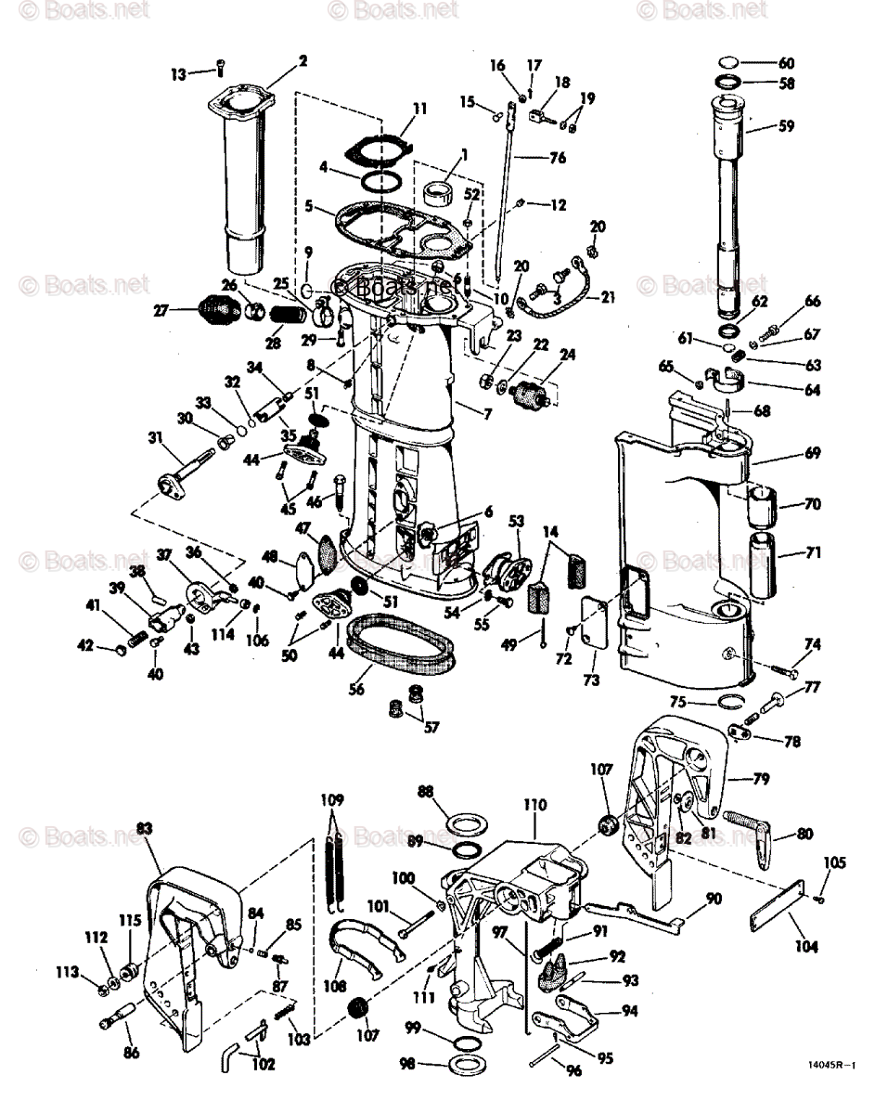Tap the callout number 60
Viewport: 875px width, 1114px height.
pyautogui.click(x=786, y=63)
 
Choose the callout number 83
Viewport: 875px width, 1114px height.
pyautogui.click(x=144, y=826)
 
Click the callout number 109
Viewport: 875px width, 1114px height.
pyautogui.click(x=332, y=798)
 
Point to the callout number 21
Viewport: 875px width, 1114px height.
pyautogui.click(x=608, y=297)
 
